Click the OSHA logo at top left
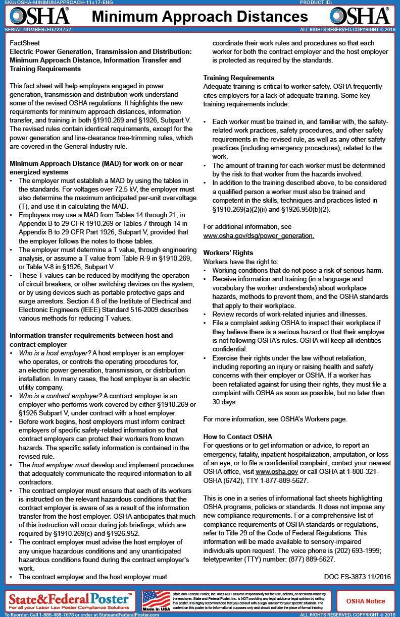(39, 16)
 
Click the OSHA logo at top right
(359, 16)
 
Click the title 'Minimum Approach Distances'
(199, 17)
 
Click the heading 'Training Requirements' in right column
(239, 78)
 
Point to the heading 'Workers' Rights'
(228, 253)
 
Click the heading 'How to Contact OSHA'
(238, 437)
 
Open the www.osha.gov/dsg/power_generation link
(259, 235)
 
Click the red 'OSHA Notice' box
(365, 601)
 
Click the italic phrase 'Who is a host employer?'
(55, 353)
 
